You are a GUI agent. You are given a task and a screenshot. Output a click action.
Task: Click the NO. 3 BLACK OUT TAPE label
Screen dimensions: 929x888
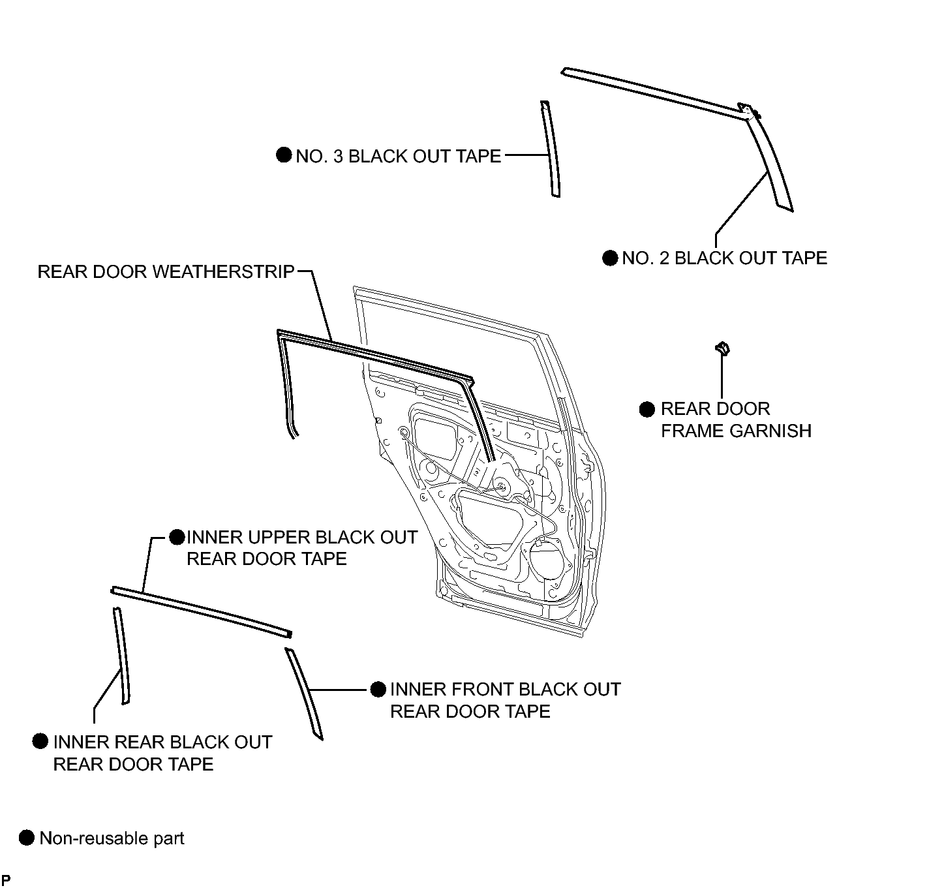pos(398,156)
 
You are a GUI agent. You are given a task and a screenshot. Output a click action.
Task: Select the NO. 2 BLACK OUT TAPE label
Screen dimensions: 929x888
pos(724,258)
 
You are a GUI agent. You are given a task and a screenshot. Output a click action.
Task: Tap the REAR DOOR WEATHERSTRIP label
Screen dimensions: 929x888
pos(166,271)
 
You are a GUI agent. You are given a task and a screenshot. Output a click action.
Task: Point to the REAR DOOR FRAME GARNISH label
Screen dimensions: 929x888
pos(736,420)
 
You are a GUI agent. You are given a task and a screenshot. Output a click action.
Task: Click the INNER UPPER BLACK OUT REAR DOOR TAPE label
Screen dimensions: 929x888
pos(301,548)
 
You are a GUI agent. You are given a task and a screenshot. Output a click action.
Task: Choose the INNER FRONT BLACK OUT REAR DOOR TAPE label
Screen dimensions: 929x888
pos(505,700)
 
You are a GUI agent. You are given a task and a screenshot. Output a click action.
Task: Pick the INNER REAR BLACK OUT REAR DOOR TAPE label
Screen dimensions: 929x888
pos(162,753)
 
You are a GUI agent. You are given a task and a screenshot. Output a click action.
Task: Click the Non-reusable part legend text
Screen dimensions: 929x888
pos(112,838)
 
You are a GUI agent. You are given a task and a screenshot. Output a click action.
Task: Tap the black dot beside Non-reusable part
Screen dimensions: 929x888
pos(27,838)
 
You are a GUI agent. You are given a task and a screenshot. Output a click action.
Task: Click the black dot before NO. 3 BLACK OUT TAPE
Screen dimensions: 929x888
pos(284,155)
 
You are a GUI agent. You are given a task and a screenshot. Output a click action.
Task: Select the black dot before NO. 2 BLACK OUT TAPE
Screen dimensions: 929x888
pos(610,258)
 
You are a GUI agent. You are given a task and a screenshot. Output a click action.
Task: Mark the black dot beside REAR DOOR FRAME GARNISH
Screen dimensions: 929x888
pos(647,409)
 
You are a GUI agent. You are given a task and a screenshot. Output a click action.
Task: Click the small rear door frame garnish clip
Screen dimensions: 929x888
pos(722,348)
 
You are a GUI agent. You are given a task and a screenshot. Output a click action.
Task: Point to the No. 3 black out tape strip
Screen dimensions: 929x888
pos(551,149)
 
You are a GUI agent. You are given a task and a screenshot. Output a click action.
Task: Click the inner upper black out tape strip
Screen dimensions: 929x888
pos(201,611)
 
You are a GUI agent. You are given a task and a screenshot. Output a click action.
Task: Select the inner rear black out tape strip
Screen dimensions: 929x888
pos(122,656)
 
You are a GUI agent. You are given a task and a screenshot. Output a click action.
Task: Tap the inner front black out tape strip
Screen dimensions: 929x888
pos(304,693)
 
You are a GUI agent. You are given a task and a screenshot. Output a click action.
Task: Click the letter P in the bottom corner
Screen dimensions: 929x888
pos(7,880)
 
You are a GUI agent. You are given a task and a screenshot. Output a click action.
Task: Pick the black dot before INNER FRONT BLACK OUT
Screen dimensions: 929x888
pos(378,690)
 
